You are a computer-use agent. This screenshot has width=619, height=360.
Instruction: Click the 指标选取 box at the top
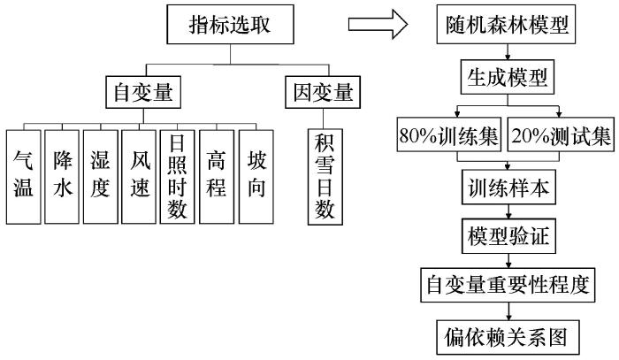[x=230, y=29]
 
